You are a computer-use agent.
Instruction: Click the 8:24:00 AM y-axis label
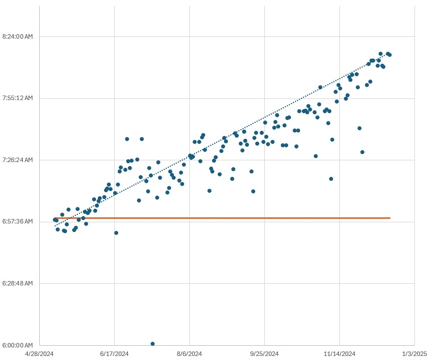pyautogui.click(x=17, y=36)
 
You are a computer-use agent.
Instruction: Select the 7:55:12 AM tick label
pyautogui.click(x=17, y=98)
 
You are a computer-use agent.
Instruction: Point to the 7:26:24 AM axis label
pyautogui.click(x=17, y=160)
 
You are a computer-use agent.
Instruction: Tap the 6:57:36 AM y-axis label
pyautogui.click(x=17, y=221)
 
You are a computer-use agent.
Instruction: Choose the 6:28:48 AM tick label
pyautogui.click(x=17, y=283)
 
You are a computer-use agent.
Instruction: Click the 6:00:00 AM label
pyautogui.click(x=17, y=345)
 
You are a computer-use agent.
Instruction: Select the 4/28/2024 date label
pyautogui.click(x=40, y=354)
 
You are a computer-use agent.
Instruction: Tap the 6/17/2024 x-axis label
pyautogui.click(x=115, y=354)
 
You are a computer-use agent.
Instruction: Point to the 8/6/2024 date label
pyautogui.click(x=190, y=354)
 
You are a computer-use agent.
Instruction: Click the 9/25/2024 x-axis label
pyautogui.click(x=265, y=354)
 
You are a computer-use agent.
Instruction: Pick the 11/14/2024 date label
pyautogui.click(x=340, y=354)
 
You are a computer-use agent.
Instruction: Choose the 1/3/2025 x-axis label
pyautogui.click(x=414, y=354)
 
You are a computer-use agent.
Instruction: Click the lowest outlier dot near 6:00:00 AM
pyautogui.click(x=152, y=344)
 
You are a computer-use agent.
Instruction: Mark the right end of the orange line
pyautogui.click(x=390, y=218)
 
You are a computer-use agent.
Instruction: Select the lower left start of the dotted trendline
pyautogui.click(x=55, y=226)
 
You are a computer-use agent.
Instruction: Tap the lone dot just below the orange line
pyautogui.click(x=116, y=233)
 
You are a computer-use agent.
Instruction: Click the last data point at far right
pyautogui.click(x=389, y=55)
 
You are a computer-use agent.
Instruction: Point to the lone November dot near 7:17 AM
pyautogui.click(x=331, y=179)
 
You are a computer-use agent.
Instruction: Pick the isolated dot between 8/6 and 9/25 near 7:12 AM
pyautogui.click(x=253, y=191)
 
